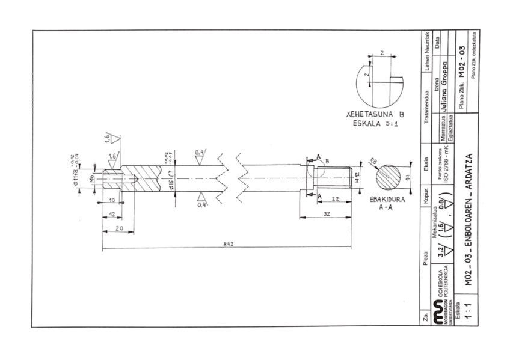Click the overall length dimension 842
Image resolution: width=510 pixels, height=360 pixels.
tap(226, 244)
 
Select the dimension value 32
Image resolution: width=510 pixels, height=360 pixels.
tap(325, 214)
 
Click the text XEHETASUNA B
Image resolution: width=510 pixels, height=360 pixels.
tap(375, 114)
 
